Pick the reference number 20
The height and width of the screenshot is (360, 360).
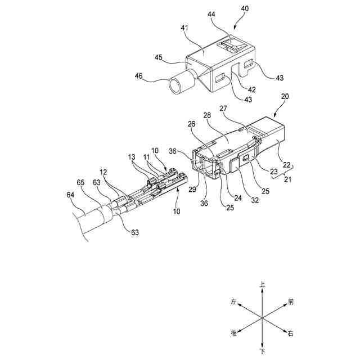[285, 96]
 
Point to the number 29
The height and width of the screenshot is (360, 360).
[193, 191]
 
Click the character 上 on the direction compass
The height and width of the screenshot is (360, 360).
[262, 286]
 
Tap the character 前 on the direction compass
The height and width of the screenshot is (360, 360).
[291, 302]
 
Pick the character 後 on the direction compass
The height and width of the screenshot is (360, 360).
[233, 334]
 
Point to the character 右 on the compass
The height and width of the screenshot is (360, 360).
[291, 334]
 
